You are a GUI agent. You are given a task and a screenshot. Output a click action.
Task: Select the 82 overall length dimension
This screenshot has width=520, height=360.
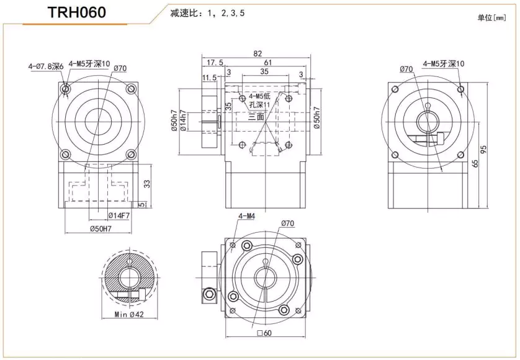pos(257,53)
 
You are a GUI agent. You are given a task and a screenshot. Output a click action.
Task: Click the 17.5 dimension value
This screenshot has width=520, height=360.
pos(214,63)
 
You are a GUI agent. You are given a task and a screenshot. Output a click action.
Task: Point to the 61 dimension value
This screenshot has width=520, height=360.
pos(266,63)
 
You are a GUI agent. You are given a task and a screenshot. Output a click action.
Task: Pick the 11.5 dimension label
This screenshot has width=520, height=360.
pos(209,78)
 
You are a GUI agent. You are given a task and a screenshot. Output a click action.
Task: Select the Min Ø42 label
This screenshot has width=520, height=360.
pos(130,315)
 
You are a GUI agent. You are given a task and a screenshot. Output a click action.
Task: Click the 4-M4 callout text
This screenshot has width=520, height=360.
pos(247,217)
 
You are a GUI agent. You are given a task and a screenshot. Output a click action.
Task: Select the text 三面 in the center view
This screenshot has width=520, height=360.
pos(256,117)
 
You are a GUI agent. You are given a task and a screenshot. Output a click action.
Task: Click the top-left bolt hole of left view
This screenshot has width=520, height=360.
pos(66,90)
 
